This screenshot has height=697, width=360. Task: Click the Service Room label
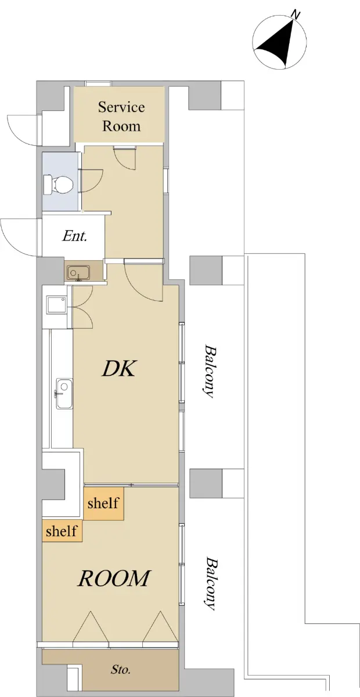[121, 116]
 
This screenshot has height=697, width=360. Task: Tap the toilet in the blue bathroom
[59, 184]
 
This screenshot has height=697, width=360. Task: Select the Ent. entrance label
[74, 236]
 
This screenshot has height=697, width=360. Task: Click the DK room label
[118, 369]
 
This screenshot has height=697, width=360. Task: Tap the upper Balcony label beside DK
[209, 371]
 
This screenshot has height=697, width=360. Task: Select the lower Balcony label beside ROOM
[210, 584]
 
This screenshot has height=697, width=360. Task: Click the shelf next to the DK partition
[103, 504]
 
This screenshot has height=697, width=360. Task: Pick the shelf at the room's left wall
[62, 531]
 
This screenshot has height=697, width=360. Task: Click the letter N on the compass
[296, 15]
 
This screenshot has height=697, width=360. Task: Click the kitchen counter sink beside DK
[64, 394]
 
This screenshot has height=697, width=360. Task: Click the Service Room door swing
[125, 159]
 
